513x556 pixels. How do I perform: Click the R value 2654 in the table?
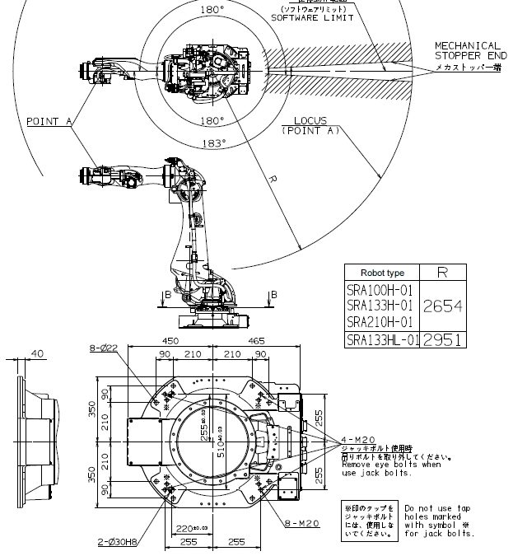point(442,306)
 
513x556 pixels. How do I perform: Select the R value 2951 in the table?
point(442,339)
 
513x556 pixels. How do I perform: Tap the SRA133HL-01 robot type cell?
point(382,339)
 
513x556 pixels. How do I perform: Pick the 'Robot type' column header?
point(382,272)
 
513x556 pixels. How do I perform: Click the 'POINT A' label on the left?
point(49,121)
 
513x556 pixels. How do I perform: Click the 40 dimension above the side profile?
point(38,354)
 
